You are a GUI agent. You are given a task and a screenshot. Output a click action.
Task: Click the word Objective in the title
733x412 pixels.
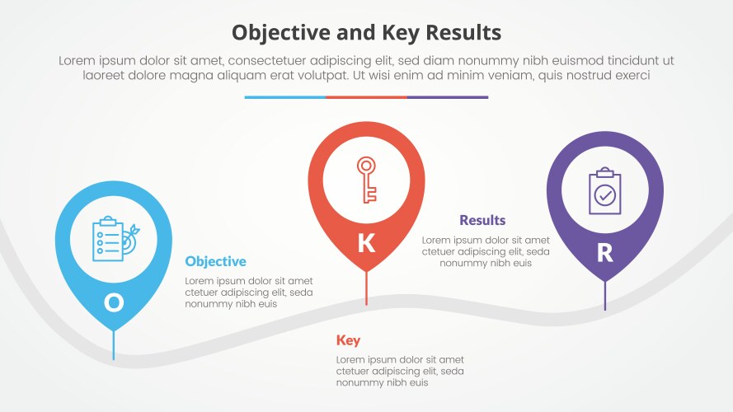275,32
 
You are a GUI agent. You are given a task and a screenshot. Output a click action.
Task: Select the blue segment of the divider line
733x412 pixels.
284,97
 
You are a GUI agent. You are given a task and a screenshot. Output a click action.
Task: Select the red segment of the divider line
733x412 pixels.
366,97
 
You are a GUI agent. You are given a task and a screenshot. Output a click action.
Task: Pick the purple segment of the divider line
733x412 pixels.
447,97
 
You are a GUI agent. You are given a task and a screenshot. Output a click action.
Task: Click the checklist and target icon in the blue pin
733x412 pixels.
115,239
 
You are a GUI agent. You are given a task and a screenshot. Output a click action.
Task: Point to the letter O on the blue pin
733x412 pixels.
114,303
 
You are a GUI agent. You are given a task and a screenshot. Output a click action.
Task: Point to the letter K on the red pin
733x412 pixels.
366,243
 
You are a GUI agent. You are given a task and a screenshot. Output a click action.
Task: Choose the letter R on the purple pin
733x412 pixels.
604,253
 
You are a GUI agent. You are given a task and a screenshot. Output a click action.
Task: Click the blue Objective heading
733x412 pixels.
215,261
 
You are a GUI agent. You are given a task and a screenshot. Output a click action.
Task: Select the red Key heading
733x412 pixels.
348,340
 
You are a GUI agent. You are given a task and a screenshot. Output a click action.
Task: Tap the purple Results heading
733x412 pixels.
482,220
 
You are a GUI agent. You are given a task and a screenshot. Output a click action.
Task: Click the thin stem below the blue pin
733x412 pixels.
114,344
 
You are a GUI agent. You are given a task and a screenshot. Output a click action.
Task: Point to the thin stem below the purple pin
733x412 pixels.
605,295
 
